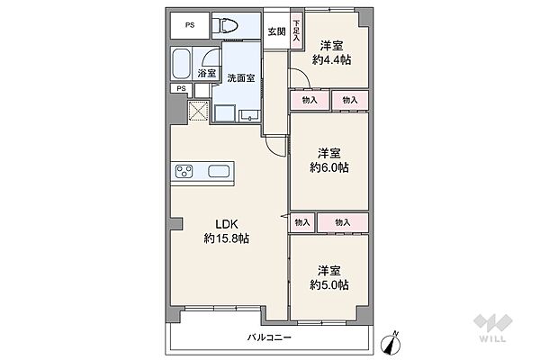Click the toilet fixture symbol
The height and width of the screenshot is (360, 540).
pos(225,25)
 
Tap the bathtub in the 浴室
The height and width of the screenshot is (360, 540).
pos(181,64)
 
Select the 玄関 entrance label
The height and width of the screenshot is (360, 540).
pos(276,31)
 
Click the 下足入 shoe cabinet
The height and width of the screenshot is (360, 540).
pos(296,31)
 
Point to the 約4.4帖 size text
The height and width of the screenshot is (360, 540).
pos(331,60)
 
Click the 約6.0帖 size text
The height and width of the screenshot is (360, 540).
pos(329,167)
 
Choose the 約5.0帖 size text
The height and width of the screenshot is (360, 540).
pos(329,285)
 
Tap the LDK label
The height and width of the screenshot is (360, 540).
pos(226,224)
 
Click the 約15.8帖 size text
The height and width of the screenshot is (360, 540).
pos(226,238)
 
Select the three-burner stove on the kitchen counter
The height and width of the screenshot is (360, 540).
pos(184,171)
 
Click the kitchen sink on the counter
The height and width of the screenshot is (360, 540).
pos(219,171)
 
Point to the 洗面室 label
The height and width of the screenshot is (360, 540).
pos(241,78)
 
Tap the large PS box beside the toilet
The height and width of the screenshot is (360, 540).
pos(190,25)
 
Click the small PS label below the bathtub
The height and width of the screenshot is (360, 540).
pos(181,88)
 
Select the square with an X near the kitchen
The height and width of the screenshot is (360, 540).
pos(198,112)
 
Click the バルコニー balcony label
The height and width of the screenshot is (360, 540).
pos(269,337)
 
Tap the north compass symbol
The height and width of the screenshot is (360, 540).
pos(391,343)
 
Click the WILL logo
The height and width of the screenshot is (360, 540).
pos(493,328)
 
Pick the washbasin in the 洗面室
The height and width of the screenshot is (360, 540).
pos(249,116)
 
